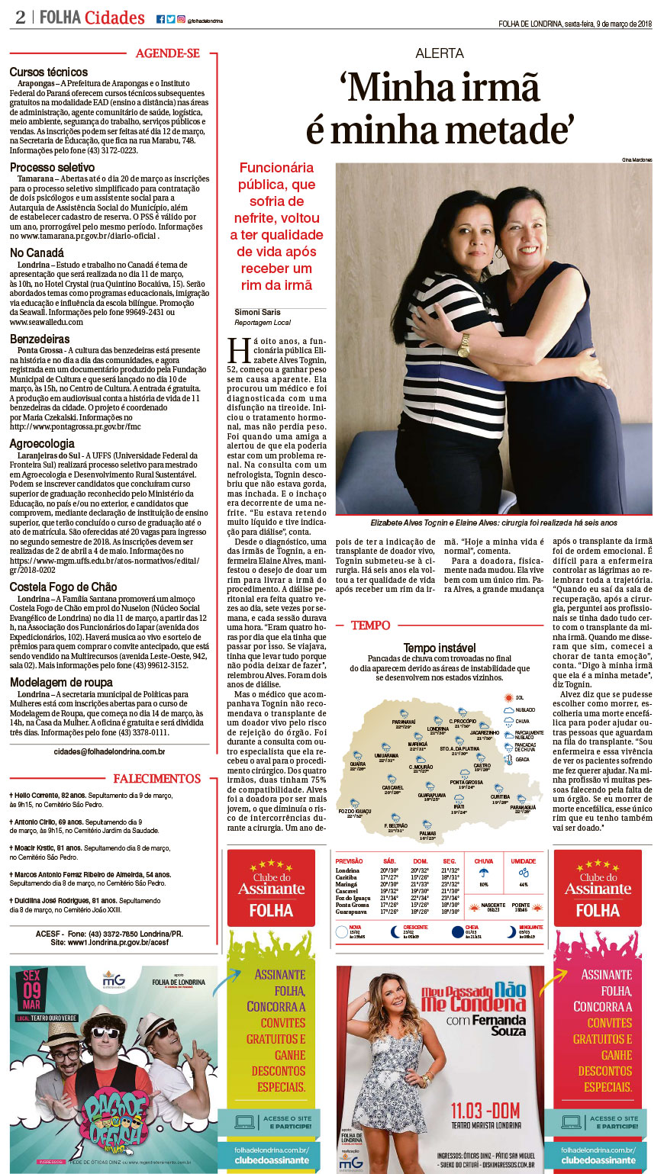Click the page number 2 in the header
[20, 17]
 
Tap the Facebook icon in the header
[160, 19]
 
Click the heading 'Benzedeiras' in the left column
[40, 339]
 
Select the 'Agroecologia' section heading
[42, 443]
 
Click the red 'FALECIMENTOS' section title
[157, 779]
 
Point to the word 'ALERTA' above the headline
[440, 53]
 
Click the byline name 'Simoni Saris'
[257, 312]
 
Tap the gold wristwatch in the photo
[464, 346]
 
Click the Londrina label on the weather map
[438, 728]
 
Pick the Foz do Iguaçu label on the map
[354, 811]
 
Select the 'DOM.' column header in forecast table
[420, 861]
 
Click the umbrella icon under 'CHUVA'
[483, 873]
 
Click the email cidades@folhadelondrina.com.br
[110, 751]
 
